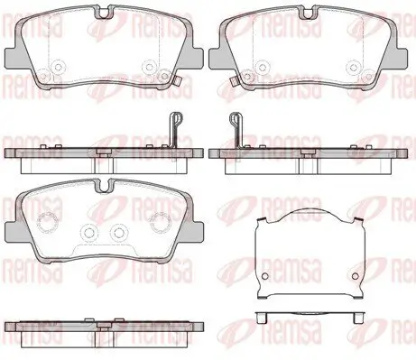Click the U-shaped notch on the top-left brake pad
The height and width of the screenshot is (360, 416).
pos(104,13)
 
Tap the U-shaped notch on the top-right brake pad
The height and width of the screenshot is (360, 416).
pos(308,13)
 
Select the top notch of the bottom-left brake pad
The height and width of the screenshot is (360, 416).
pos(104,186)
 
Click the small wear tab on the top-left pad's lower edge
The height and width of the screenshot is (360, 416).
pos(177,81)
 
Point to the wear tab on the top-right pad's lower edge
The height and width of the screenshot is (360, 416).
pos(233,81)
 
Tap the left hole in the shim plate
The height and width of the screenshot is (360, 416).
pos(265,276)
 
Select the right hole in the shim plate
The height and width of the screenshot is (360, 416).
pos(356,276)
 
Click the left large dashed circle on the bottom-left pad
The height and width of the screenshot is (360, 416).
pos(47,223)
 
